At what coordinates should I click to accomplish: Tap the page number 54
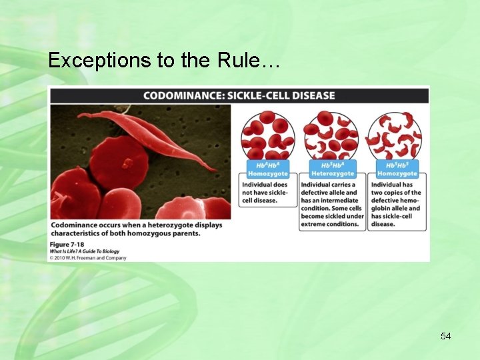[x=445, y=336]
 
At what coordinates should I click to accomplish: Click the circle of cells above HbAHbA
[x=267, y=135]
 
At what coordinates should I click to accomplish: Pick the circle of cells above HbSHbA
[x=331, y=135]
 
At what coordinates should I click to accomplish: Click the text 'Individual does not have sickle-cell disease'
[x=267, y=192]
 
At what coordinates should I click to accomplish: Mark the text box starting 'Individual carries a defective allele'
[x=331, y=204]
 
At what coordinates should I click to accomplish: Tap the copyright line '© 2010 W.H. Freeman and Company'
[x=88, y=258]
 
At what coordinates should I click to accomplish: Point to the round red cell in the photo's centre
[x=119, y=162]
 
